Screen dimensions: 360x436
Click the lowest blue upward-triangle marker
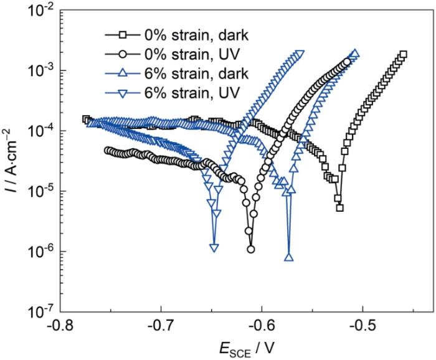coord(289,257)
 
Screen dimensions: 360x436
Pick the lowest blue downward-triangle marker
coord(214,248)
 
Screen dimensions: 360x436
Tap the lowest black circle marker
coord(251,249)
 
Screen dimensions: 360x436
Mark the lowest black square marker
coord(339,207)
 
